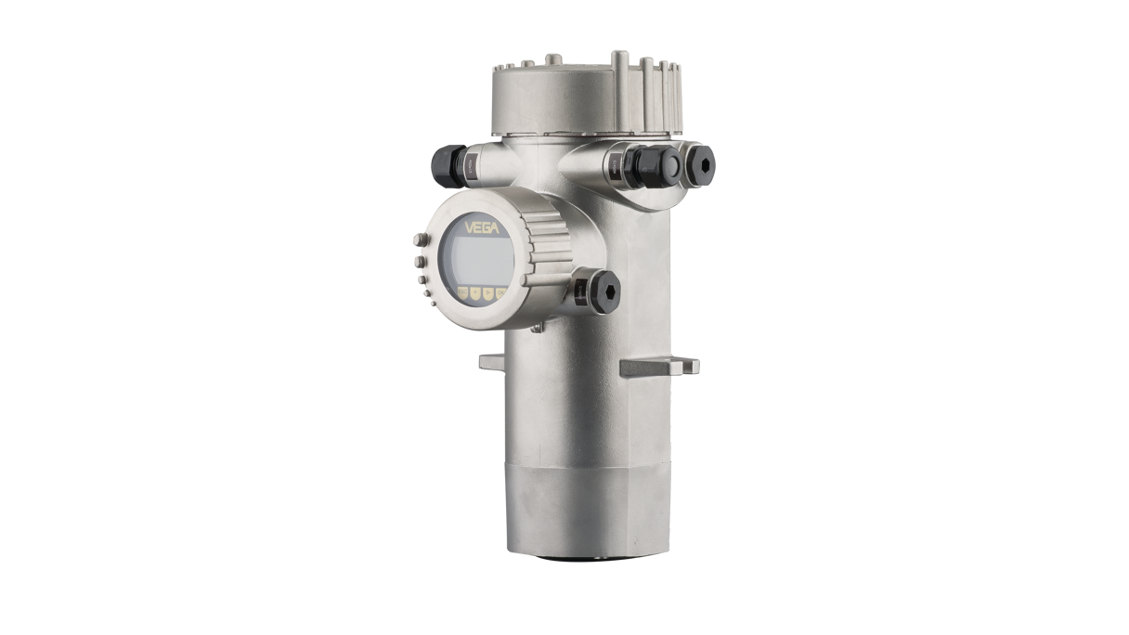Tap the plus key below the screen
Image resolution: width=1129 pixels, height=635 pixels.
475,293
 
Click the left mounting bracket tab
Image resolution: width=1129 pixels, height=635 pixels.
490,360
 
